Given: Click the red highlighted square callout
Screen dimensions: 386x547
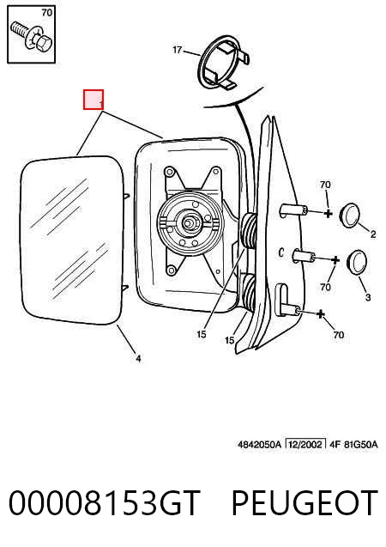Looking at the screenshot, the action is [x=93, y=100].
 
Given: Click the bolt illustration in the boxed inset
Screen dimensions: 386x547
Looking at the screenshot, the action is [x=31, y=37].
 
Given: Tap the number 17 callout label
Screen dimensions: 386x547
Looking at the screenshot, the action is [x=178, y=50].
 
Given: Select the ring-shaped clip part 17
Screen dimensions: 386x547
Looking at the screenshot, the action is [x=223, y=62].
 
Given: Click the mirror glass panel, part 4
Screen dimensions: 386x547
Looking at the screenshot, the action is [x=72, y=240].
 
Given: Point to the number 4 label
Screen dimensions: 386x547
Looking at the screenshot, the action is [x=138, y=358].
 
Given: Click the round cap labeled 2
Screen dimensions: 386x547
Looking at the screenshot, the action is [x=349, y=216].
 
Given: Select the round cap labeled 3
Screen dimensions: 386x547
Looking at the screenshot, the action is [x=356, y=262].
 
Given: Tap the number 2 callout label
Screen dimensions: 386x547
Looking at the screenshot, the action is [x=373, y=234].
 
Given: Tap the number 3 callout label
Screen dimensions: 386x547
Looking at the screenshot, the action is [x=368, y=298].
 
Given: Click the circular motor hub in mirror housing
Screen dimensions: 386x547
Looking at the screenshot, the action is [x=190, y=223].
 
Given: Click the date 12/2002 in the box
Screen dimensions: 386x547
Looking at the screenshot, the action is [x=305, y=445].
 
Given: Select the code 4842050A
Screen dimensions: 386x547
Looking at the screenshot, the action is [x=259, y=445].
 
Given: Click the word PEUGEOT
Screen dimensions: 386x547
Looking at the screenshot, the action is [x=305, y=502].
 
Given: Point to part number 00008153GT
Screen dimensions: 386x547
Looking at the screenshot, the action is [x=105, y=502].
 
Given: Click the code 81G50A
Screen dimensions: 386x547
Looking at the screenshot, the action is [x=361, y=445].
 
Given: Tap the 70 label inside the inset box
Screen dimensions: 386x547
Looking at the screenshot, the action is [x=46, y=13].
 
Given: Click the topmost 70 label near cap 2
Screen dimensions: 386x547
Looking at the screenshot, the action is [x=325, y=185].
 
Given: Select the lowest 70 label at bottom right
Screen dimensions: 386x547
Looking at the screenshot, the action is [x=339, y=335].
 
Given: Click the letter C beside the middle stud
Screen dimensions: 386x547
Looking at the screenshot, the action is [x=281, y=252].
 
